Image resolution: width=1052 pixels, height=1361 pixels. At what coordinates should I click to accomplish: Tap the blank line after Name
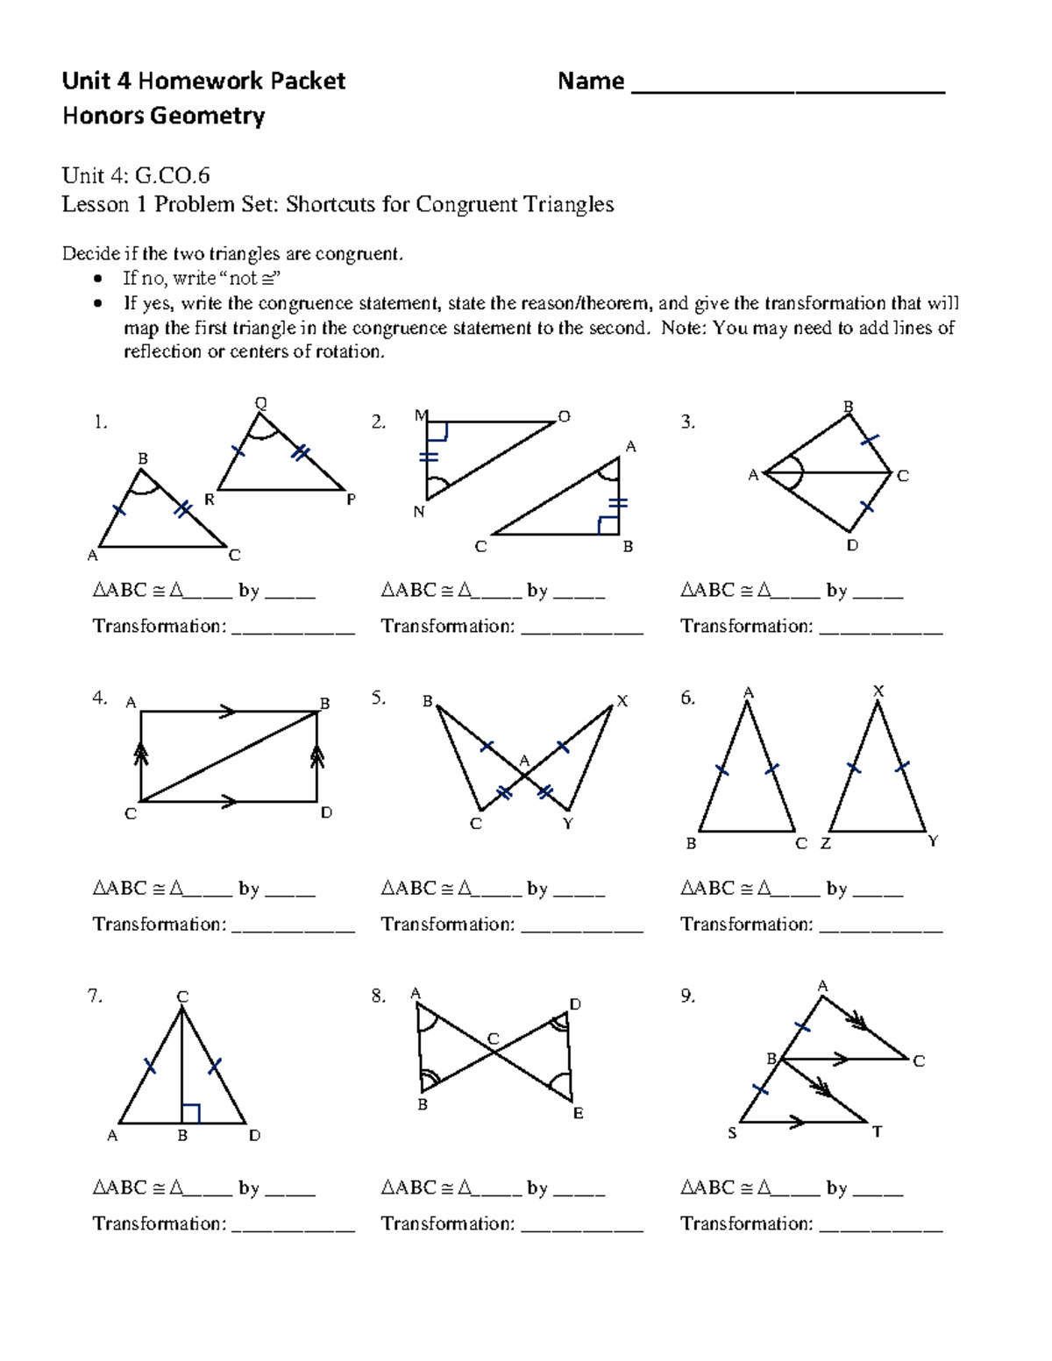tap(787, 88)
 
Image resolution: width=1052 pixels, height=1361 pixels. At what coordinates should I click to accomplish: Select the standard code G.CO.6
tap(172, 176)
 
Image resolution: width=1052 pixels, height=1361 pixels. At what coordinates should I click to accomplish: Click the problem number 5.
tap(378, 698)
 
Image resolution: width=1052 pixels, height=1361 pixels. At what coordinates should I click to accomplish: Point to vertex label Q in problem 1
tap(260, 403)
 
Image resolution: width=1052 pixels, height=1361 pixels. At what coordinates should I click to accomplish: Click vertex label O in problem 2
tap(564, 416)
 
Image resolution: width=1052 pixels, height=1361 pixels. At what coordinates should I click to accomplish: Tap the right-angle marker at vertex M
tap(437, 431)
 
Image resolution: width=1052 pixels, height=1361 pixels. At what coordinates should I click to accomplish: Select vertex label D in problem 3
tap(852, 545)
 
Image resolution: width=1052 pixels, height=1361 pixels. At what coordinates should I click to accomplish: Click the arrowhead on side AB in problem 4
tap(227, 712)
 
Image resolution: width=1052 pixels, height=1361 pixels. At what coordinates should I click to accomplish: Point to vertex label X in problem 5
tap(622, 701)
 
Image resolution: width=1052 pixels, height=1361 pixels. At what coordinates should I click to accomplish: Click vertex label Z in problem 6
tap(825, 844)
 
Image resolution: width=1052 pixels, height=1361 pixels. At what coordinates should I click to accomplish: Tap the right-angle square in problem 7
tap(191, 1113)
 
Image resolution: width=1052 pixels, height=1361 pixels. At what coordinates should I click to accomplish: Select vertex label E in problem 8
tap(578, 1113)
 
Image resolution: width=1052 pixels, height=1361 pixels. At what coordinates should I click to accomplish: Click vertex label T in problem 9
tap(877, 1131)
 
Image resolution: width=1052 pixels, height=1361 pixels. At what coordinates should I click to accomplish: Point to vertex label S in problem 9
tap(733, 1133)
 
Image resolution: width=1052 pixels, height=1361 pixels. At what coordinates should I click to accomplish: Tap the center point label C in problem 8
tap(493, 1039)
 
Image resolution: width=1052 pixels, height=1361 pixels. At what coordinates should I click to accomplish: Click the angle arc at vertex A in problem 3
tap(794, 473)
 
